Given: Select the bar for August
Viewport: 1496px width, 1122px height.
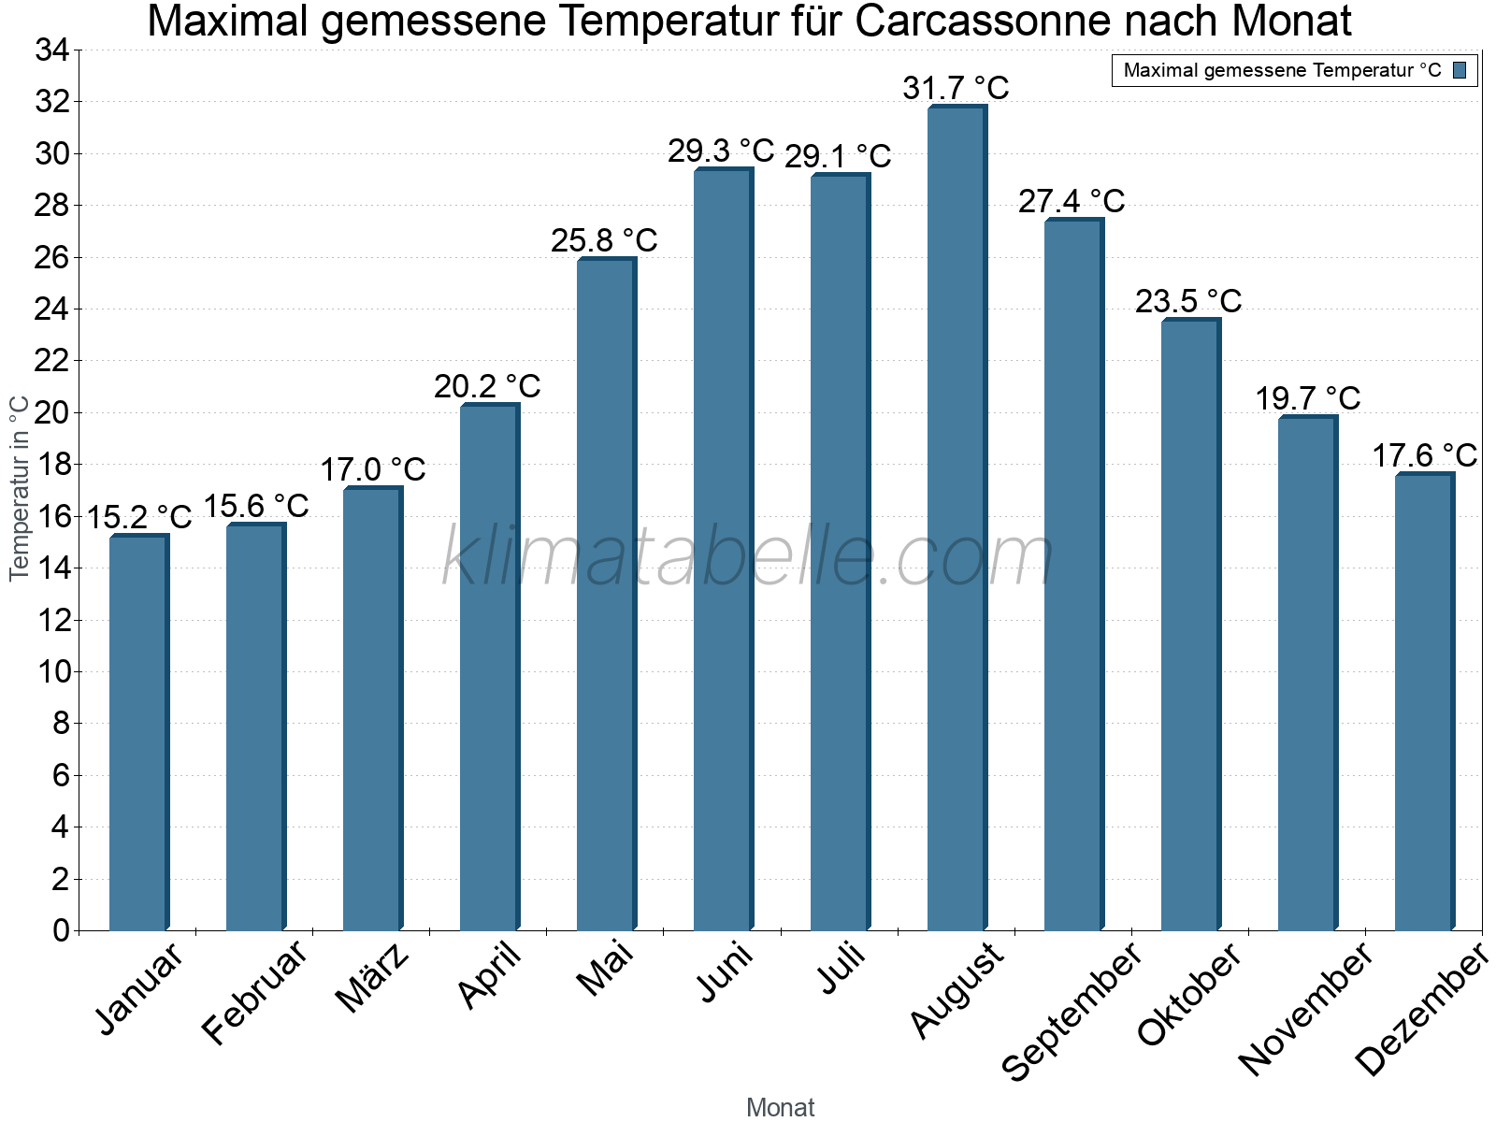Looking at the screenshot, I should (957, 519).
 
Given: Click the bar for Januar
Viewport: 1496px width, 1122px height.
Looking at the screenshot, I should (138, 733).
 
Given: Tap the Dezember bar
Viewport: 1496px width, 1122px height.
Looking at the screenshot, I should (1424, 702).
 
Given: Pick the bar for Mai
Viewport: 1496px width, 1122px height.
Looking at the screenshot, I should (606, 595).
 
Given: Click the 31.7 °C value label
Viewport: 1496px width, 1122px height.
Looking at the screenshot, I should (956, 88).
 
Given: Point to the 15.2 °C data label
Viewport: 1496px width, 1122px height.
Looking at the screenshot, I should (139, 516).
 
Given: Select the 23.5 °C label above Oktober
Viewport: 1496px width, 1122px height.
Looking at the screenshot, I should (1188, 301).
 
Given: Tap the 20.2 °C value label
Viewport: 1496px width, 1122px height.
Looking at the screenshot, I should (487, 386).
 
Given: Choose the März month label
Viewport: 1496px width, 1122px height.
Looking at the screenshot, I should (372, 978).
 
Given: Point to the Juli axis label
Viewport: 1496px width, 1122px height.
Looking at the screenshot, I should (841, 968).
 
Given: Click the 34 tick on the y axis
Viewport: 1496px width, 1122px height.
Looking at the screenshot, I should (52, 50).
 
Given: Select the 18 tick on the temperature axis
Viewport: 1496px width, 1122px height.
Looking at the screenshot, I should (52, 465).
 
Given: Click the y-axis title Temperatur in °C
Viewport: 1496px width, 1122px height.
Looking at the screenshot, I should (20, 488).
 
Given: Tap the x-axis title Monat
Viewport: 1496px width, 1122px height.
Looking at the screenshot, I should (781, 1107).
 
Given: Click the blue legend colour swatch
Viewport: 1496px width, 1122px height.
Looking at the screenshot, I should (1460, 70).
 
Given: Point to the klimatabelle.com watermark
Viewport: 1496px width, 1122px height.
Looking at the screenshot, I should (747, 557).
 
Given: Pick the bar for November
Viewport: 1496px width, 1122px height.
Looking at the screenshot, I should (1307, 674).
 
